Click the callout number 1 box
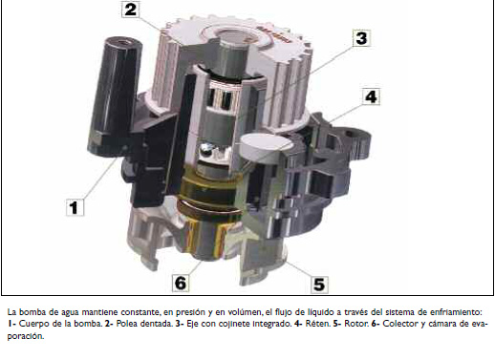(75, 207)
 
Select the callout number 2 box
(131, 10)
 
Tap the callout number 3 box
(361, 38)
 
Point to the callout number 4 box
(371, 96)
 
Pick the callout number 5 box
(319, 285)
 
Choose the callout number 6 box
(181, 283)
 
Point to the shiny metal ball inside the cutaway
(206, 148)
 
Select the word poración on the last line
(25, 336)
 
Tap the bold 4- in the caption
(298, 324)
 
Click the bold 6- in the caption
(376, 324)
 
